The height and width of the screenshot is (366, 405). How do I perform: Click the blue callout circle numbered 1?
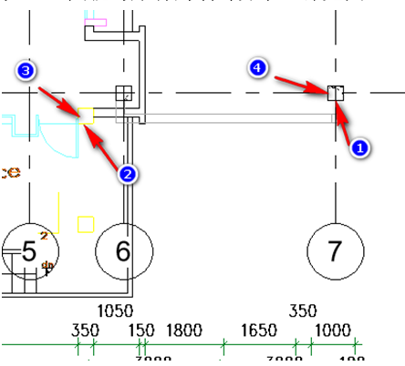pyautogui.click(x=358, y=147)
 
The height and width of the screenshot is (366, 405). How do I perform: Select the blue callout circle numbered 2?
pyautogui.click(x=129, y=173)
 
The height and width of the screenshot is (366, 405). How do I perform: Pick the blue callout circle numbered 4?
pyautogui.click(x=259, y=68)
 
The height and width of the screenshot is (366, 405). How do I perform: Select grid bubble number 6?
pyautogui.click(x=123, y=249)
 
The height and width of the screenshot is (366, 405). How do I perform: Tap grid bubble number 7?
pyautogui.click(x=336, y=249)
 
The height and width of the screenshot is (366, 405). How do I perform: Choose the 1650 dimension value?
pyautogui.click(x=258, y=330)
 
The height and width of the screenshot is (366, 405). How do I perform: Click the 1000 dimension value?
pyautogui.click(x=333, y=330)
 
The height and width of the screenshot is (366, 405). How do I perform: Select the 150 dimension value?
pyautogui.click(x=142, y=330)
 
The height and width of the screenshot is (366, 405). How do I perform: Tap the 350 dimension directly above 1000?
pyautogui.click(x=304, y=310)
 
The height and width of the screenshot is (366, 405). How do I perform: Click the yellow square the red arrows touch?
pyautogui.click(x=87, y=116)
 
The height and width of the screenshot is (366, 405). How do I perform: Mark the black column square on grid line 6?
pyautogui.click(x=124, y=93)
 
